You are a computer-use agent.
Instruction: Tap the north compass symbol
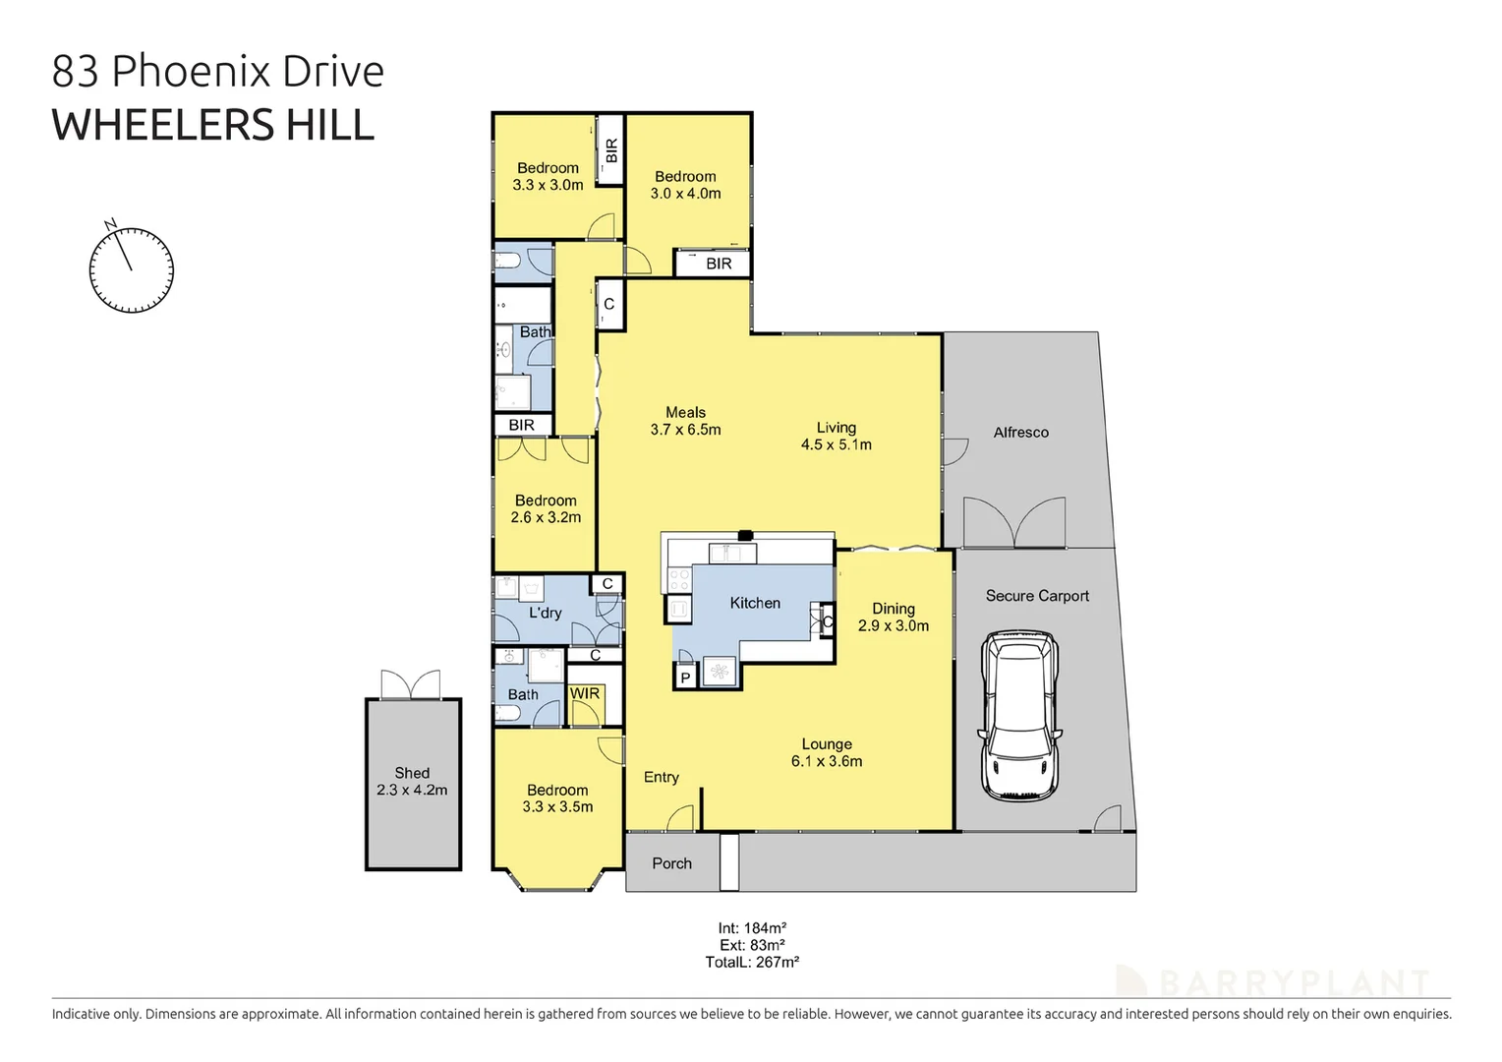(131, 269)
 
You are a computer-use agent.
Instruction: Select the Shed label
(412, 773)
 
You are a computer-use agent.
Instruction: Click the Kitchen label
(755, 603)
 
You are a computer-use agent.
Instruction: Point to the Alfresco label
(1020, 433)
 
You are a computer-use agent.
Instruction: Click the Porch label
(671, 863)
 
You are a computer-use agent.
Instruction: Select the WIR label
(585, 693)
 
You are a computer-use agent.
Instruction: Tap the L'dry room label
(545, 613)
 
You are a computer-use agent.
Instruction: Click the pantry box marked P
(685, 678)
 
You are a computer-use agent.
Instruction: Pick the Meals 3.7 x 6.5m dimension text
(685, 430)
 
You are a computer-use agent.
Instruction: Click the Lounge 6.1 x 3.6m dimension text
(827, 761)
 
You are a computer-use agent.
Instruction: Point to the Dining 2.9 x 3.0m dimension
(893, 625)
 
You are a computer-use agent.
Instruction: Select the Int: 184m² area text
(752, 927)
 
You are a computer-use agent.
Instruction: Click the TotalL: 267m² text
(752, 963)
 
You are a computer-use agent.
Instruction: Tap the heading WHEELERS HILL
(213, 126)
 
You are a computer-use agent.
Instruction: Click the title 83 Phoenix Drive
(218, 72)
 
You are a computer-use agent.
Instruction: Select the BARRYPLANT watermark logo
(1273, 981)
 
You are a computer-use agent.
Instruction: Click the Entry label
(661, 778)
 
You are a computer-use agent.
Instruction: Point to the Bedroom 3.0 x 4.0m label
(685, 185)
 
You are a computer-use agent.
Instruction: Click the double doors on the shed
(411, 684)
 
